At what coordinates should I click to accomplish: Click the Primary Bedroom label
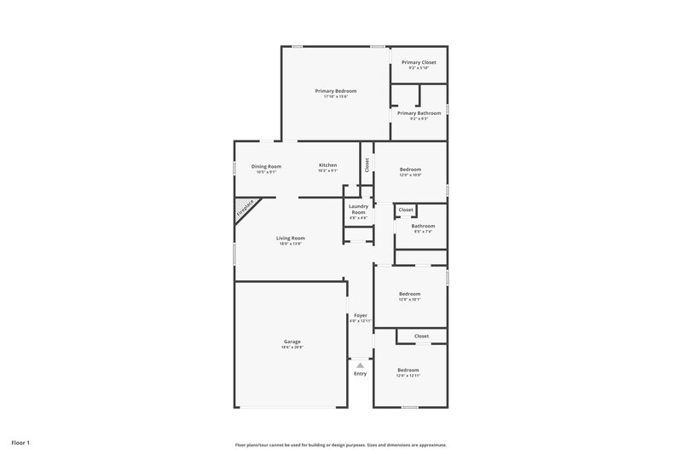pyautogui.click(x=335, y=90)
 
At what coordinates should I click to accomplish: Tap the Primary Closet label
pyautogui.click(x=419, y=62)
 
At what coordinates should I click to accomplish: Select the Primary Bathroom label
pyautogui.click(x=419, y=113)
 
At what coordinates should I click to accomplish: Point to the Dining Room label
pyautogui.click(x=266, y=166)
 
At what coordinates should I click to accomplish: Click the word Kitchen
pyautogui.click(x=327, y=165)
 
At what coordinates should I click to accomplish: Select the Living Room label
pyautogui.click(x=290, y=238)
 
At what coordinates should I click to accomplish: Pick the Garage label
pyautogui.click(x=292, y=342)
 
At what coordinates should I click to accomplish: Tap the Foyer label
pyautogui.click(x=361, y=315)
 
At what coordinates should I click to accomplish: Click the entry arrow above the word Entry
pyautogui.click(x=361, y=365)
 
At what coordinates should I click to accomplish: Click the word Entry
pyautogui.click(x=361, y=373)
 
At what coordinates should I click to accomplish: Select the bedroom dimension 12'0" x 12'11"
pyautogui.click(x=408, y=376)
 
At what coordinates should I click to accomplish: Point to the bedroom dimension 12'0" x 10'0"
pyautogui.click(x=410, y=175)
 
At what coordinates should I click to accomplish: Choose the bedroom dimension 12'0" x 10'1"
pyautogui.click(x=410, y=300)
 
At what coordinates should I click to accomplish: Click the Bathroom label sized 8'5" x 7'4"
pyautogui.click(x=423, y=226)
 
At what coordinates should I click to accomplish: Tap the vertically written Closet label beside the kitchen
pyautogui.click(x=367, y=165)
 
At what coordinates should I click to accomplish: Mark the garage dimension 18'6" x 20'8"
pyautogui.click(x=292, y=348)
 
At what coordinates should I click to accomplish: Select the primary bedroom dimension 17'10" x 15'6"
pyautogui.click(x=335, y=96)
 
